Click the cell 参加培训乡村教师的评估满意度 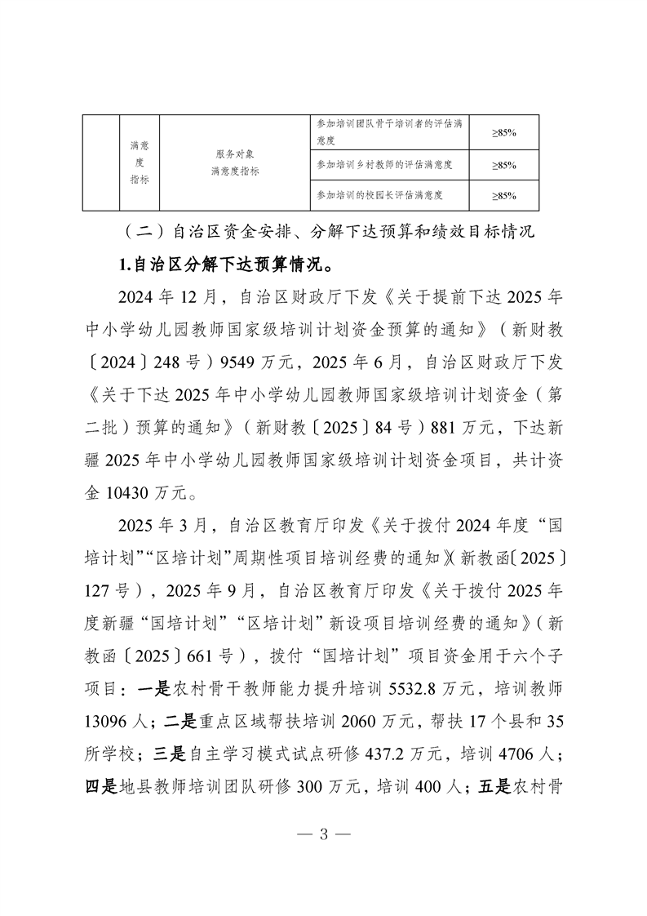point(384,164)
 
